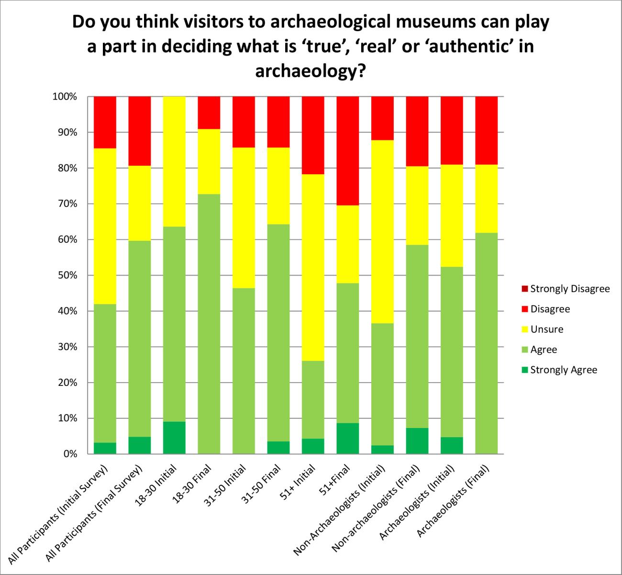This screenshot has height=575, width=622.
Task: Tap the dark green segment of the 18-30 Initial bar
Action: (174, 438)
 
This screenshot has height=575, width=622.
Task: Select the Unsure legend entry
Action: (546, 329)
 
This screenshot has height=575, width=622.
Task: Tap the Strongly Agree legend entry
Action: (564, 370)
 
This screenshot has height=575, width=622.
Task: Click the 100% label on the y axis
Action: (65, 97)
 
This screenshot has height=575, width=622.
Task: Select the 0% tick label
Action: (69, 454)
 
